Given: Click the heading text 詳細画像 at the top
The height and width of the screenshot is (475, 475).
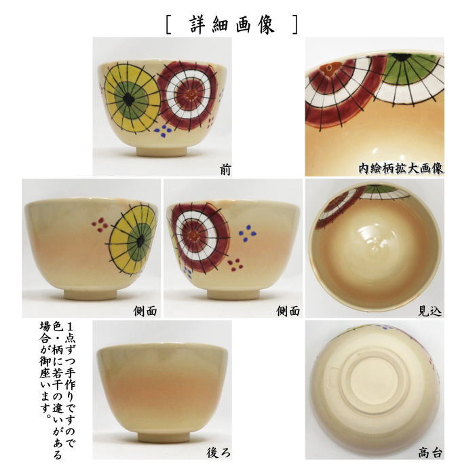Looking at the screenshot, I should [231, 24].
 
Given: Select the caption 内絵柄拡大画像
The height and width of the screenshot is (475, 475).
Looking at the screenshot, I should [401, 168].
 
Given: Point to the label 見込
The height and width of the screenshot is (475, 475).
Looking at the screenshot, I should [430, 311].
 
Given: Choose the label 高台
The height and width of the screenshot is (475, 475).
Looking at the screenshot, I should [430, 452].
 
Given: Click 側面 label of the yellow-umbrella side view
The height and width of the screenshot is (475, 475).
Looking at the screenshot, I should [145, 311].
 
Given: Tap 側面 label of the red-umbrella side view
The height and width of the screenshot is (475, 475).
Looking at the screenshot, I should [288, 311].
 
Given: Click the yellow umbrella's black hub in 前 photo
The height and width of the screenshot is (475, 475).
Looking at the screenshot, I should [128, 100].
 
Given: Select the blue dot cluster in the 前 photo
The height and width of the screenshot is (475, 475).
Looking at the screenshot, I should [164, 129].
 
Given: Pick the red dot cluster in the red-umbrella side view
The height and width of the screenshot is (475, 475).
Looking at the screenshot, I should [235, 263].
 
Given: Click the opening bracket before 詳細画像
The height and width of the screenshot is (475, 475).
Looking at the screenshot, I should [168, 24].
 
